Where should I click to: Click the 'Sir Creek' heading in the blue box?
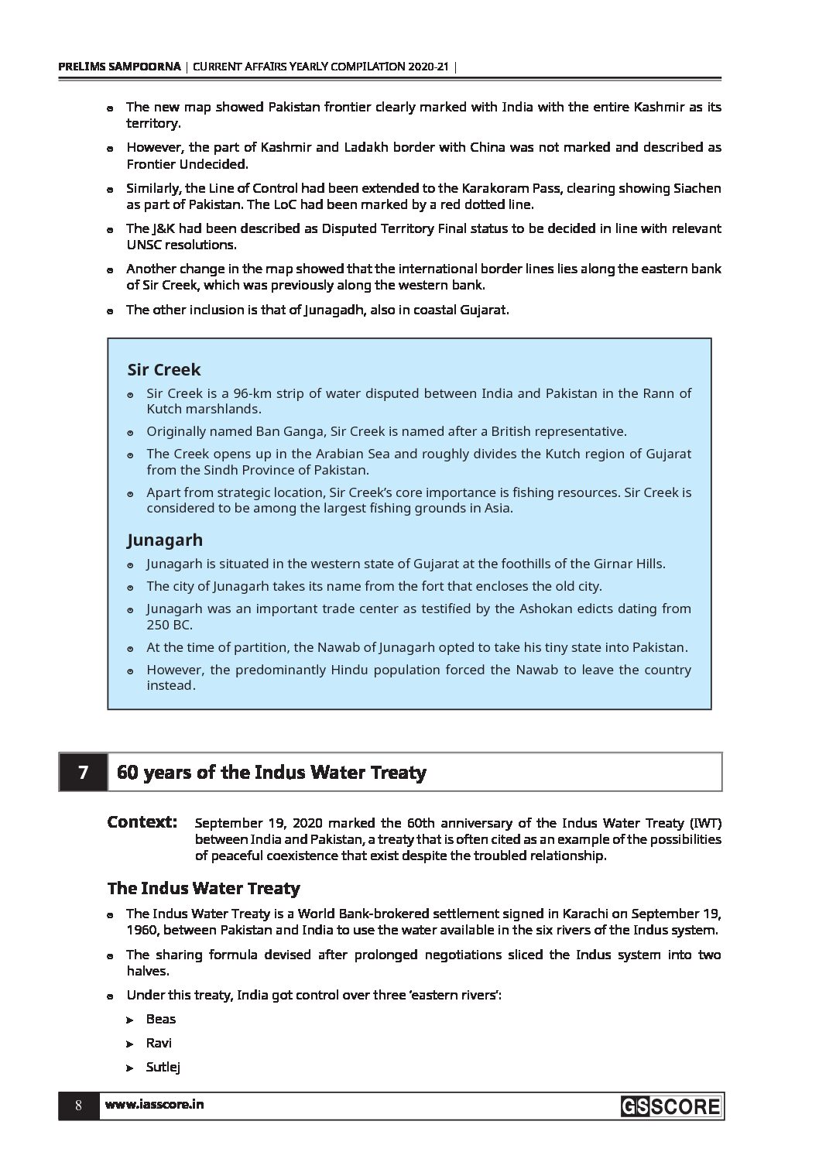pos(164,369)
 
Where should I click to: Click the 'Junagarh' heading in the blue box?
pos(165,540)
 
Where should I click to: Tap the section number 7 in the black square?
pos(83,772)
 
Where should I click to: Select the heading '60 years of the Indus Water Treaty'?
pos(271,773)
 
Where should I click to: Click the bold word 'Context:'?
pos(142,821)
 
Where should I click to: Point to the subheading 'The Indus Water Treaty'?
pos(204,888)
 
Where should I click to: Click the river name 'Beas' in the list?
pos(161,1019)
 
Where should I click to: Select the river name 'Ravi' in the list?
pos(159,1043)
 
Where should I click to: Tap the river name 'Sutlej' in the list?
pos(163,1068)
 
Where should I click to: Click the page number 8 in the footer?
pos(78,1106)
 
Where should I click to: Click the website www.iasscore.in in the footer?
pos(154,1105)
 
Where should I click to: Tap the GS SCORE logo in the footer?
pos(670,1106)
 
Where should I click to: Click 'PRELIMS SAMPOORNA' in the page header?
pos(120,67)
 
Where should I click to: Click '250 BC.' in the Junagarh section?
pos(170,625)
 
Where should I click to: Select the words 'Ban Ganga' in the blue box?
pos(268,431)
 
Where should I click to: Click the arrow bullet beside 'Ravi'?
pos(130,1044)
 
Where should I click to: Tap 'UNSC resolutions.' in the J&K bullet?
pos(181,245)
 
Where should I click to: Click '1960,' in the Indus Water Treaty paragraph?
pos(142,930)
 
